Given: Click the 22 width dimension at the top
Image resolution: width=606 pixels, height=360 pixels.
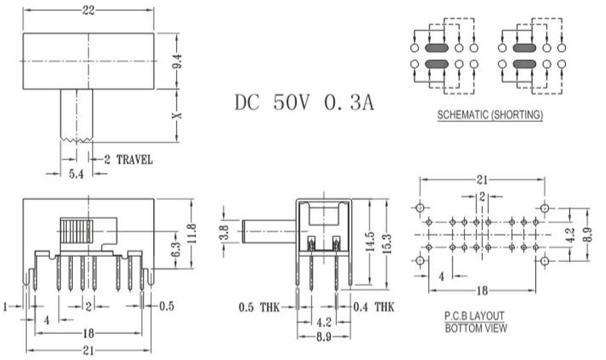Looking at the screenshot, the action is pos(89,11).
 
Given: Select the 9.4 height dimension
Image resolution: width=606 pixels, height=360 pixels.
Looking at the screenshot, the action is pos(177,61).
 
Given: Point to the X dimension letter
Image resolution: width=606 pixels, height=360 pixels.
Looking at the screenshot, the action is pos(177,115).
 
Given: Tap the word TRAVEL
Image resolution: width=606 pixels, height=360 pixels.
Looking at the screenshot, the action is pos(135,160).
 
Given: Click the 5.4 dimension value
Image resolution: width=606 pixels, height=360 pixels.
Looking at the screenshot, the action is pos(76,174).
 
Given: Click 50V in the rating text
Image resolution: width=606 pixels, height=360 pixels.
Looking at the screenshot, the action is pos(291,102).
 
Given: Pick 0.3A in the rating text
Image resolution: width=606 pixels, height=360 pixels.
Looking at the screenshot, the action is pos(349,102).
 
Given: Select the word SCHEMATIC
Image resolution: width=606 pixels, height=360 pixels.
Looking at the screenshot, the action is pos(463,115).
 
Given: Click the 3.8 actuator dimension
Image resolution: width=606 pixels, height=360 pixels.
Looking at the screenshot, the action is pos(224,233).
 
